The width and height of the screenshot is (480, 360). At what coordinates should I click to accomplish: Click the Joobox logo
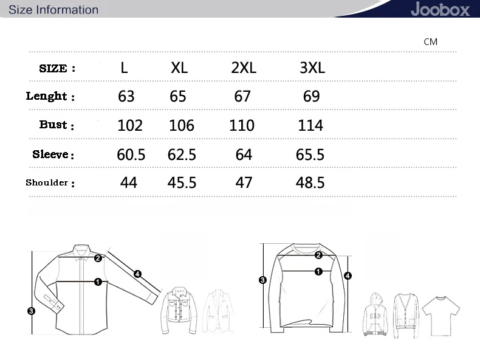point(440,9)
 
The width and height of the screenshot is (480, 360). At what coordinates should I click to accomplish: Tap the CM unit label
point(430,42)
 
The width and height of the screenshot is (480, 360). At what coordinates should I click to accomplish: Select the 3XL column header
point(312,67)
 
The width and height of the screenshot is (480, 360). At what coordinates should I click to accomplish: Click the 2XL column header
point(244,67)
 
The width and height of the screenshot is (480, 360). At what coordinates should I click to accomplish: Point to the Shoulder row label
point(50,183)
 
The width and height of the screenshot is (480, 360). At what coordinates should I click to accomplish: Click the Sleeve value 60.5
point(131,154)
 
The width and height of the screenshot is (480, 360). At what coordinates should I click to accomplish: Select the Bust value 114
point(310,125)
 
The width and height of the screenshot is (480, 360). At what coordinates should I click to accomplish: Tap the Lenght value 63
point(126,96)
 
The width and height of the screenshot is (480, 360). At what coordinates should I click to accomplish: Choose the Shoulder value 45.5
point(182,182)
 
